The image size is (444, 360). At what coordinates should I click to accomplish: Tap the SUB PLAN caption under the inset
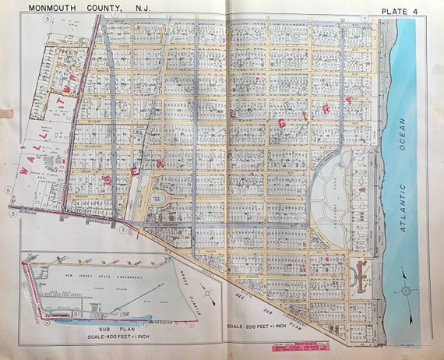point(103,330)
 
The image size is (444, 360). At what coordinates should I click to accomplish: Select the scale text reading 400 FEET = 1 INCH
point(103,337)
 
